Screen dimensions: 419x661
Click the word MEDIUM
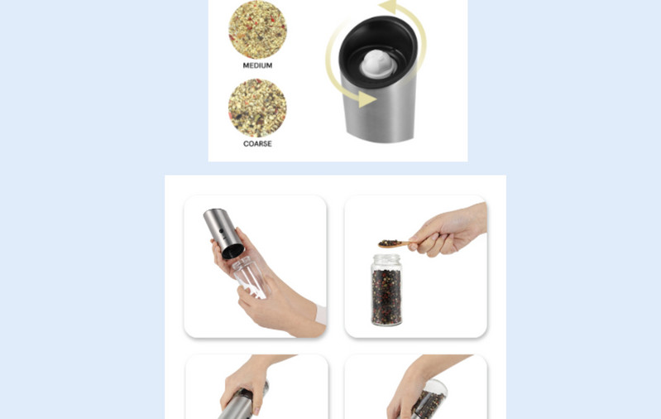pos(257,65)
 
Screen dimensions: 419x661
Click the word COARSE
pos(257,143)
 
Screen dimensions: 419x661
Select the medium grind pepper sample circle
pos(257,30)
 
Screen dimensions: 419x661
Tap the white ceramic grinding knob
pos(377,63)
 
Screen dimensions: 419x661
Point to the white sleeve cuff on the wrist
pos(320,314)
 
